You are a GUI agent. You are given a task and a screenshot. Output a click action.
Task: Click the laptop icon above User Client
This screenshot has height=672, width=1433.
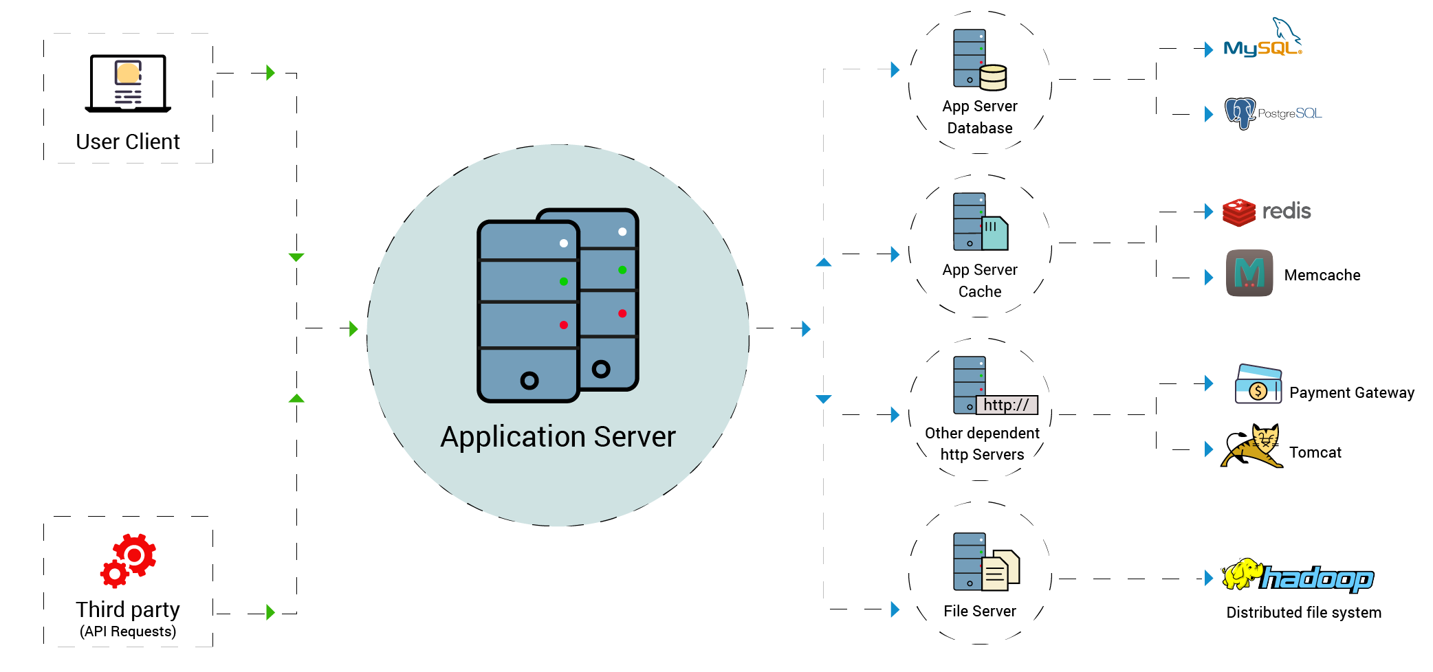click(x=128, y=83)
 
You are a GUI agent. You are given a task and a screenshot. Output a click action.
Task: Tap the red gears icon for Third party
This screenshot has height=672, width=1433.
click(x=129, y=560)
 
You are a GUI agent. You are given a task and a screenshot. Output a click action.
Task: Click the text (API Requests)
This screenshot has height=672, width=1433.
click(x=128, y=631)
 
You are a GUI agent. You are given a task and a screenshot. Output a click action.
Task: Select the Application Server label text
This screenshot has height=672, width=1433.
click(x=558, y=437)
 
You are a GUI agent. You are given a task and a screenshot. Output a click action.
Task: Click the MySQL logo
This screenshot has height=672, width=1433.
click(x=1262, y=41)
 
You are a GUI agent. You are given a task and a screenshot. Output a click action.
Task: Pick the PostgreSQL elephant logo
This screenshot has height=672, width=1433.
click(x=1240, y=113)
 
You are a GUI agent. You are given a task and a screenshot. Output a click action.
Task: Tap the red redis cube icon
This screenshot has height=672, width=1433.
click(x=1239, y=212)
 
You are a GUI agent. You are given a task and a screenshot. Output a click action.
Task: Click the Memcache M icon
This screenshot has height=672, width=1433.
click(x=1249, y=273)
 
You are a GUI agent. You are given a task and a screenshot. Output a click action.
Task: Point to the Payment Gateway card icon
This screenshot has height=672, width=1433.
click(x=1258, y=385)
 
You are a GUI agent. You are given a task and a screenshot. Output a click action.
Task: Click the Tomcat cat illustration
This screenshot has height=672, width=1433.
click(x=1252, y=447)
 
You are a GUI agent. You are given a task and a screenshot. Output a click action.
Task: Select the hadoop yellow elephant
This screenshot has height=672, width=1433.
click(x=1242, y=574)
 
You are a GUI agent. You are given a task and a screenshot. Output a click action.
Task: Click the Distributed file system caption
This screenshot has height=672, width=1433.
click(x=1303, y=612)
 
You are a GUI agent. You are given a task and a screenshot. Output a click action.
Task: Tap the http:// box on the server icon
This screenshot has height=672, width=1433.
click(x=1006, y=405)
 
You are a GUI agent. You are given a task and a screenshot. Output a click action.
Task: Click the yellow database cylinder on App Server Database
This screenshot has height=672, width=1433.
click(x=993, y=78)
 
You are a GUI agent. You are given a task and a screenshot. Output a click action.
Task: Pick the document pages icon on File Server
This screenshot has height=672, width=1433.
click(x=1000, y=571)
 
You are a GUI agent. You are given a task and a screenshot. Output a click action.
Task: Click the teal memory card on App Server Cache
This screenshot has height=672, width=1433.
click(x=994, y=234)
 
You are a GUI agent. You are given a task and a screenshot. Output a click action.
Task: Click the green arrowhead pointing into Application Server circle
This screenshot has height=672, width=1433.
click(x=353, y=328)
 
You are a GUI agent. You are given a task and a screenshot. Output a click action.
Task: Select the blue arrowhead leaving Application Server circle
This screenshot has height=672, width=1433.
click(x=806, y=328)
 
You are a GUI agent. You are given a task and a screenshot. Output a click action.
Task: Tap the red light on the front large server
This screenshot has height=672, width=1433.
click(x=563, y=325)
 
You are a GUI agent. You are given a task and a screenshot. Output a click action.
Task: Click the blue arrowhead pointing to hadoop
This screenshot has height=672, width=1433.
click(x=1208, y=579)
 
